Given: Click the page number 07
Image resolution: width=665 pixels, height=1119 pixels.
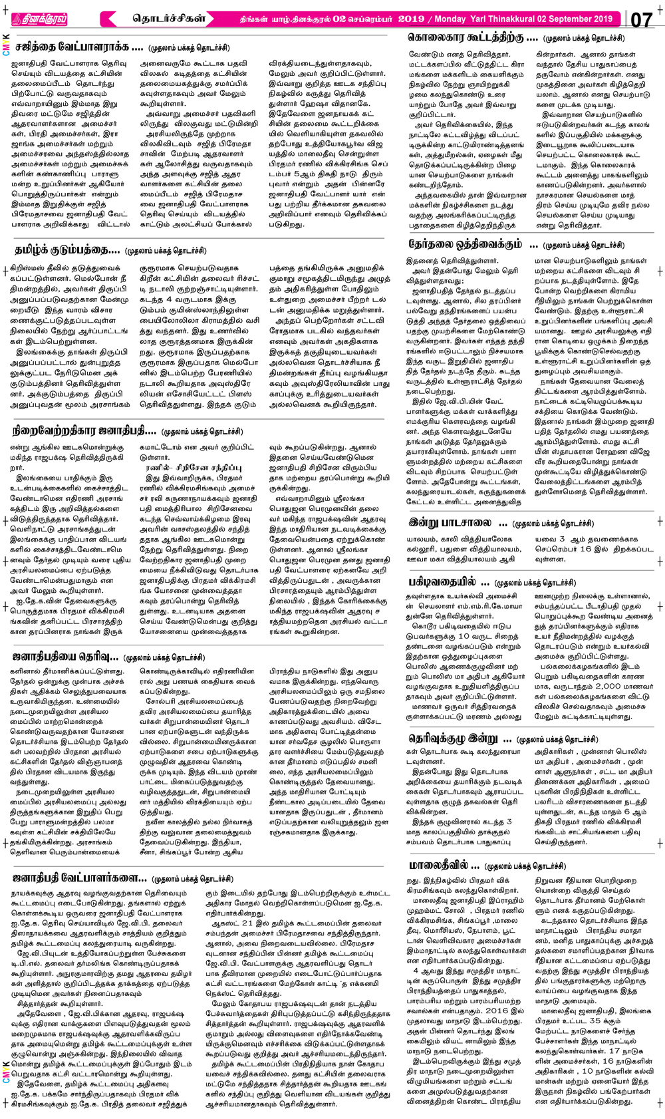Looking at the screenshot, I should pos(642,19).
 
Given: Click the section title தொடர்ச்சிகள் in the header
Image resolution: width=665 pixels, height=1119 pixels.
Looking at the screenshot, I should pos(169,18).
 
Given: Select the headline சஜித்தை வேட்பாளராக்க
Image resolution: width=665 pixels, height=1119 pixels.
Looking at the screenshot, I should pos(79,47).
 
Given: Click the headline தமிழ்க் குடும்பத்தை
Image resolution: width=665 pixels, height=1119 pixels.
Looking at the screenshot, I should pos(67,250).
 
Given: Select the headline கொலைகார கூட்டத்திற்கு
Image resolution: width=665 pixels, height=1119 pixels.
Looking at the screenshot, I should pos(473,38).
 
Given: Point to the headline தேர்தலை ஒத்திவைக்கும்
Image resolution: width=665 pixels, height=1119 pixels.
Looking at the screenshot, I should pos(465,244).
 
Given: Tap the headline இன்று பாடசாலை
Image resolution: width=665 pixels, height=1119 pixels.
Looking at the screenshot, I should pos(450,522).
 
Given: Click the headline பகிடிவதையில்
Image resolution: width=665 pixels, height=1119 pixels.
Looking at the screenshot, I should pos(442,581).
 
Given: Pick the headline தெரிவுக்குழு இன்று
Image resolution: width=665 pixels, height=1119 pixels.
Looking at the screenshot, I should pos(452,738).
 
